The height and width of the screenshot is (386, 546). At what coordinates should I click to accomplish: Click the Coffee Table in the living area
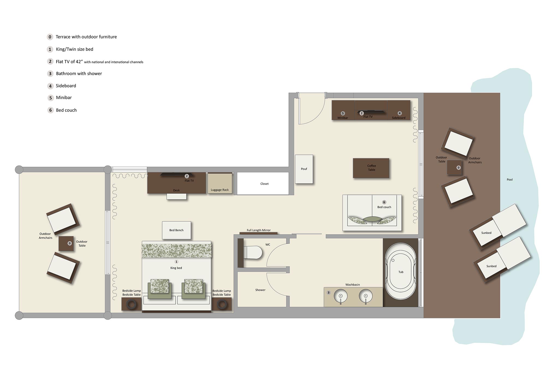coord(371,168)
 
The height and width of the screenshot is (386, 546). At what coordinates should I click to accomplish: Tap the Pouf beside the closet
coord(304,169)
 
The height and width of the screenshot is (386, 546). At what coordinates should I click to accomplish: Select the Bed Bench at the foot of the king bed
coord(176,230)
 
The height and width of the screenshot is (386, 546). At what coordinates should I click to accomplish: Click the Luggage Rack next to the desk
coord(220,183)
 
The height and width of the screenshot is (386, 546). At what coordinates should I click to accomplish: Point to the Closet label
coord(264,184)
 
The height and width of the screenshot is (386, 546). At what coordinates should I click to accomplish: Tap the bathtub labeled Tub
coord(401,272)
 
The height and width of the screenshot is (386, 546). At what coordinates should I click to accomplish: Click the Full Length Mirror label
coord(259,230)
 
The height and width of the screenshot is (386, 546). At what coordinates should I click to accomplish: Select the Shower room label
coord(260,290)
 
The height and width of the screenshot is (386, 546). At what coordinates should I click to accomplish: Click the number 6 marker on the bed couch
coord(384,202)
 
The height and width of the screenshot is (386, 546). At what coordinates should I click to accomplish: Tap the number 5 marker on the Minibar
coord(343,113)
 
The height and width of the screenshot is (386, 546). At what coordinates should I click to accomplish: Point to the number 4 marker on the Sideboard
coord(400,113)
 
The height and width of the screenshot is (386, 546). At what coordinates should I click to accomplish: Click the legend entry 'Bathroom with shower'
coord(79,73)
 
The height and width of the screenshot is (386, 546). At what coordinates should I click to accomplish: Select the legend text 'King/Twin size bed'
coord(75,49)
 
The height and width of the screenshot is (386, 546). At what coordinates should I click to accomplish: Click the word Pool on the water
coord(510,180)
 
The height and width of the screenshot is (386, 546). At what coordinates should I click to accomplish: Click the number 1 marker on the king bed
coord(176,262)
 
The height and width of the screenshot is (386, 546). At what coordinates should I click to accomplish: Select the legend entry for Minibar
coord(64,97)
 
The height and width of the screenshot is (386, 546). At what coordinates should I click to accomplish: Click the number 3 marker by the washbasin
coord(328,293)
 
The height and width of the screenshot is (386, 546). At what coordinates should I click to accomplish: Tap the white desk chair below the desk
coord(177,197)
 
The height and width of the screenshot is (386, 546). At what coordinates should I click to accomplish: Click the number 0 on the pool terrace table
coord(458,168)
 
